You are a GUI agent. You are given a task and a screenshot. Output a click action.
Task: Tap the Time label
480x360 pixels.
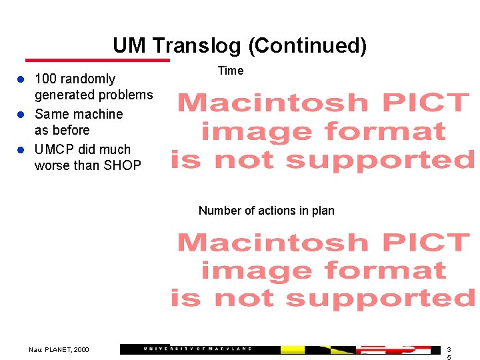[x=231, y=71]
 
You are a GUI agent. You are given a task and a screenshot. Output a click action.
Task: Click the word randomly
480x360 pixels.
[x=88, y=79]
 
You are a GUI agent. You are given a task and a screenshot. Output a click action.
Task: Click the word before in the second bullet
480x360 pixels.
[x=71, y=130]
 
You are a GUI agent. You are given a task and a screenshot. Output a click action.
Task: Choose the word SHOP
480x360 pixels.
[x=123, y=165]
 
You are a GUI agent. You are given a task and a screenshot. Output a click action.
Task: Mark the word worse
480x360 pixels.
[x=51, y=165]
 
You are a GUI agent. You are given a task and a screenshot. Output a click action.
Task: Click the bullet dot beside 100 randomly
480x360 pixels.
[x=21, y=79]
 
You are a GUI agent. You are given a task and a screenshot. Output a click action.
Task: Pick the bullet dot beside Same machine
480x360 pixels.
[x=21, y=115]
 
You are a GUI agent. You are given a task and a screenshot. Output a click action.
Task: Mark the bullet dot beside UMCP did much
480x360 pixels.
[x=21, y=150]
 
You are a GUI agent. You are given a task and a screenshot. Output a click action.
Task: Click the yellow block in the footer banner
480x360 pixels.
[x=293, y=349]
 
